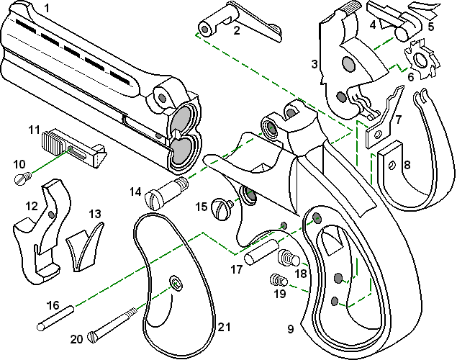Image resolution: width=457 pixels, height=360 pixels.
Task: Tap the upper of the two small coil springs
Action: point(287,257)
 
